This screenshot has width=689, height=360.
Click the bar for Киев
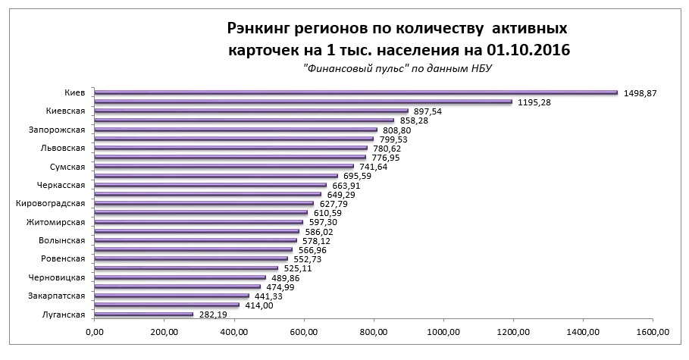pos(356,92)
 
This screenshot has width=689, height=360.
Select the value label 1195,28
pos(533,102)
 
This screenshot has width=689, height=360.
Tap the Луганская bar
pos(144,315)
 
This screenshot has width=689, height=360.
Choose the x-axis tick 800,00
pos(374,332)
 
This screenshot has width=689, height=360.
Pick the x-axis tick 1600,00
pos(653,332)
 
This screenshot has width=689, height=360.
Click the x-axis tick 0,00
pos(95,332)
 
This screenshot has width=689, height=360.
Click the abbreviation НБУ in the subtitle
pos(481,69)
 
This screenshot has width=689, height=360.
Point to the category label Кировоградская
pos(56,204)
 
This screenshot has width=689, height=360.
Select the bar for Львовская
pos(230,148)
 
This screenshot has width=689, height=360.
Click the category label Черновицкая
pos(61,277)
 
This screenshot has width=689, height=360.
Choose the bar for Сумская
pos(224,167)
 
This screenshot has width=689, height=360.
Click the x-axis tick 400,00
pos(234,332)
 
